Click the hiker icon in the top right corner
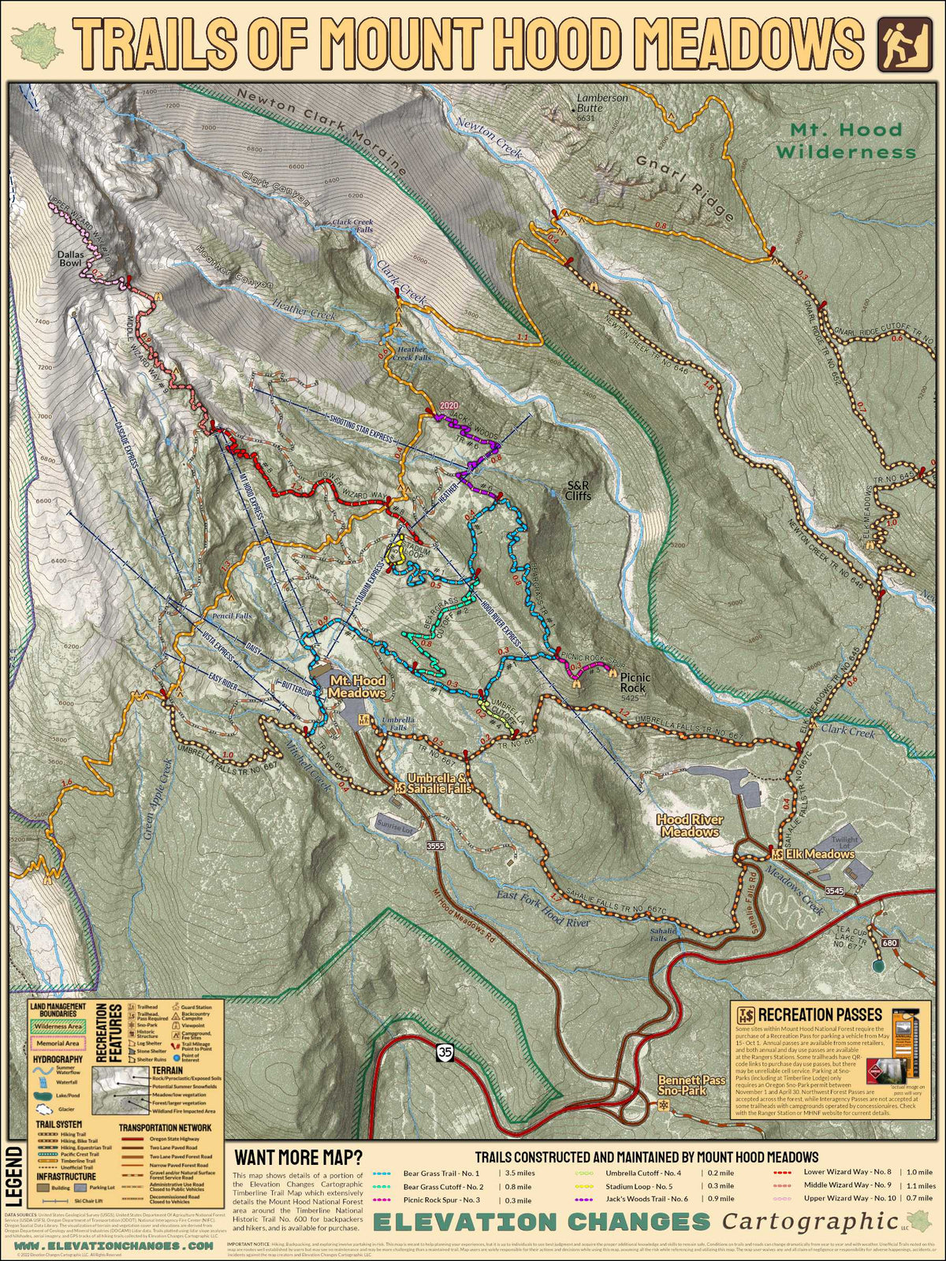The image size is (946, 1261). (900, 42)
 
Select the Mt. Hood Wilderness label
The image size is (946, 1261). (847, 140)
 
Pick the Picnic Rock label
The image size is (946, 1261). (634, 683)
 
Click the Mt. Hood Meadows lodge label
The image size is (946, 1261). (357, 686)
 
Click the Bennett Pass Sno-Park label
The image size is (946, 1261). (691, 1085)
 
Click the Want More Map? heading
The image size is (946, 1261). (299, 1158)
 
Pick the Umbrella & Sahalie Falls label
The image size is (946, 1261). (439, 783)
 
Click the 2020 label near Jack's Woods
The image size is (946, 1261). (449, 405)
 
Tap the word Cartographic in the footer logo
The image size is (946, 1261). (810, 1222)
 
